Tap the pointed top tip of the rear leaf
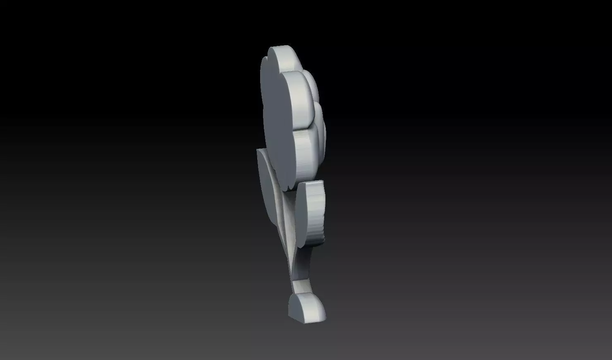pos(258,150)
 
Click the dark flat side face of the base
pos(297,308)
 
